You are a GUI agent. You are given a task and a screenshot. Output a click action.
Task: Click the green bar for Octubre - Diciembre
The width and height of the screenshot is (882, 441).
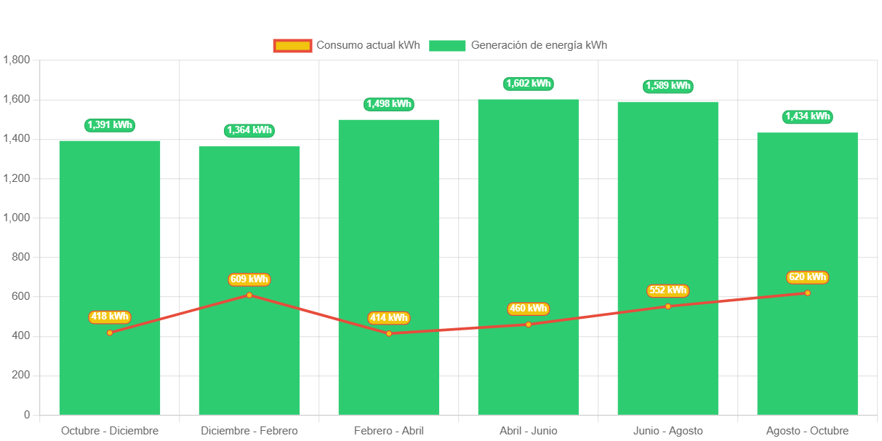[x=110, y=218]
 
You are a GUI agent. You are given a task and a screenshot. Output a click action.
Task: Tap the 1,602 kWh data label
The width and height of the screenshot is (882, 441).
[x=529, y=84]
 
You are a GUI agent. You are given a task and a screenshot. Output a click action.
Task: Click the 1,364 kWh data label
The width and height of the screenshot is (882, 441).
[x=249, y=130]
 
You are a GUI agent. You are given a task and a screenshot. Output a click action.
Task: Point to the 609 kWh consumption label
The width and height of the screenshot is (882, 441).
[x=249, y=279]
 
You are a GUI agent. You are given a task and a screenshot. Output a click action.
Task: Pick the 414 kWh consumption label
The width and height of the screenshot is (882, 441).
[x=389, y=318]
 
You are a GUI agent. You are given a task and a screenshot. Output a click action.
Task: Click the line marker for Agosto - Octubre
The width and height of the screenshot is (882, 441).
[x=807, y=293]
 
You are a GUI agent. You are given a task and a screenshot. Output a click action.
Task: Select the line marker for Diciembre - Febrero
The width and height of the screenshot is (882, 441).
[x=249, y=295]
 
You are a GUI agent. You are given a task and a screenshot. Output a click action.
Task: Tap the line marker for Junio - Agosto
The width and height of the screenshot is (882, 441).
[x=667, y=306]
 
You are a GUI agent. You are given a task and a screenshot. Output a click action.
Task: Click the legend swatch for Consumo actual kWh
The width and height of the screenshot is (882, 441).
[x=292, y=46]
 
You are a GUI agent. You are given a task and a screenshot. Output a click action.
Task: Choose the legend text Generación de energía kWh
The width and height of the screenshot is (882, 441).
[x=539, y=45]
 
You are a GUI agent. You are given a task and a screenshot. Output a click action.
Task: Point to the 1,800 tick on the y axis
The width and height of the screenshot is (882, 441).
[x=16, y=60]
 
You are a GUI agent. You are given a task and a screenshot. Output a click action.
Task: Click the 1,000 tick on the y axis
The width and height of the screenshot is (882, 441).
[x=16, y=218]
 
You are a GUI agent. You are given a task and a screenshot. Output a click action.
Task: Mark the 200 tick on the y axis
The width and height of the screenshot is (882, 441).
[x=21, y=376]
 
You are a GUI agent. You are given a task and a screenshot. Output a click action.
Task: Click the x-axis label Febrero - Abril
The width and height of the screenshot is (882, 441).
[x=389, y=431]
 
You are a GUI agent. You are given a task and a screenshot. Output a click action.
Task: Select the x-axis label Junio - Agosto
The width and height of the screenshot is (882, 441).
[x=667, y=431]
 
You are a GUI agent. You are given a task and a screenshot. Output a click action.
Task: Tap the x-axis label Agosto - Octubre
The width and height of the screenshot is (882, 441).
[x=807, y=431]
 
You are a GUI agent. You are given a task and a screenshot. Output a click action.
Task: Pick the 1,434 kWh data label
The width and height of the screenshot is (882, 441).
[x=807, y=116]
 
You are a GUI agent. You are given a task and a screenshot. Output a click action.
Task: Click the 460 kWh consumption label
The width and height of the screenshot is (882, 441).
[x=529, y=309]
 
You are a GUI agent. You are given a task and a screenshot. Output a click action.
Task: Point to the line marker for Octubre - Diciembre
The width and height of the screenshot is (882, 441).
[x=110, y=333]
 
